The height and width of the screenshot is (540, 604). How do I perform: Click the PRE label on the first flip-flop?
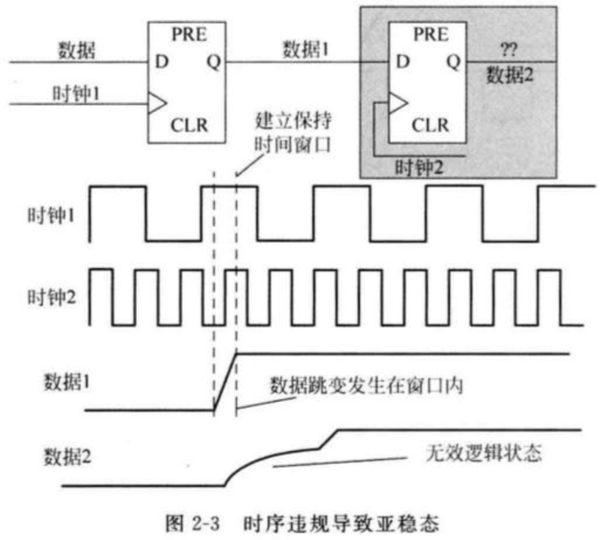[x=189, y=35]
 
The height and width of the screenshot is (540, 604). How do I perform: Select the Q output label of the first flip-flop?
[x=214, y=62]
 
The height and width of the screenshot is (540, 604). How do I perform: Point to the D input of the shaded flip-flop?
[x=402, y=62]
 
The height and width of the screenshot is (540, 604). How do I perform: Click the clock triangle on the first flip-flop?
[x=157, y=103]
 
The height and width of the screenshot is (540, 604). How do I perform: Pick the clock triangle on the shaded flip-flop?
[x=398, y=103]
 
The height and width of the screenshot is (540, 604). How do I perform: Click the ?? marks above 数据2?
[x=509, y=49]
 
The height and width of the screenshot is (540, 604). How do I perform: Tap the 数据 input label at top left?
[x=76, y=50]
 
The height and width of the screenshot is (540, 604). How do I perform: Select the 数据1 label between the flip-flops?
[x=305, y=49]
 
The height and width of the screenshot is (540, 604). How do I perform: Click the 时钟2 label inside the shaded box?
[x=419, y=167]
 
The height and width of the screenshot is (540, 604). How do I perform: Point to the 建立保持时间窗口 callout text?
[x=293, y=133]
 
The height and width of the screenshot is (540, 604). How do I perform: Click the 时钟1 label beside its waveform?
[x=51, y=215]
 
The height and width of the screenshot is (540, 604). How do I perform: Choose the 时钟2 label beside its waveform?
[x=51, y=297]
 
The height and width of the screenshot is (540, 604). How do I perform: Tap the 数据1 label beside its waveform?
[x=66, y=382]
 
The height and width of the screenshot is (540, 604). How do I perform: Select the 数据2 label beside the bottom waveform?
[x=67, y=457]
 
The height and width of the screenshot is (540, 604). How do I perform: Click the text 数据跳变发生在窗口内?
[x=366, y=386]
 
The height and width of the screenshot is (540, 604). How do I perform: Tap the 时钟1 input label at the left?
[x=76, y=94]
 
